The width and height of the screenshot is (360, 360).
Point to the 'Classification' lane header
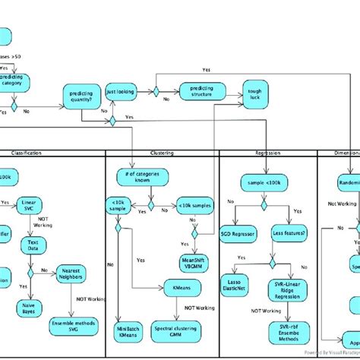(x=26, y=153)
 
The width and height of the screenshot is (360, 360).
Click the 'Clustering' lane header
(x=162, y=153)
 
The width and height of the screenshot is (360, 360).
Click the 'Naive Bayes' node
(x=29, y=308)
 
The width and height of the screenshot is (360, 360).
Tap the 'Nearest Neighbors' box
(x=71, y=273)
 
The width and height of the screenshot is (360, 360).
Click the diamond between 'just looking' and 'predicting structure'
(x=156, y=92)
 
